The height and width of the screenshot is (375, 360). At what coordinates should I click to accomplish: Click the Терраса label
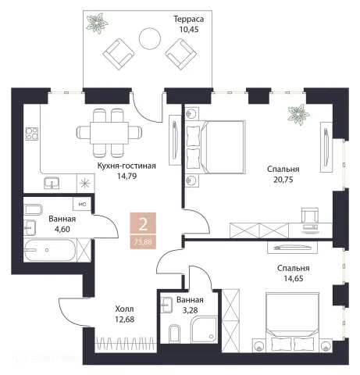tap(188, 19)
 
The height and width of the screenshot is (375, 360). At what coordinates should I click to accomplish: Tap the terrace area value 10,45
tap(189, 29)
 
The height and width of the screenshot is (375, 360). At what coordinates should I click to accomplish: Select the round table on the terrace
tap(150, 38)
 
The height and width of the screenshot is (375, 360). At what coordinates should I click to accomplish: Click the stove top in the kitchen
tap(32, 134)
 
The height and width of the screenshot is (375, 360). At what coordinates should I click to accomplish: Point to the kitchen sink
tap(52, 182)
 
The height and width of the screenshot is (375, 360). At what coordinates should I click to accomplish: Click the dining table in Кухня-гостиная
tap(109, 133)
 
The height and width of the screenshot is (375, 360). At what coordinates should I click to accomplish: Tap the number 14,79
tap(127, 176)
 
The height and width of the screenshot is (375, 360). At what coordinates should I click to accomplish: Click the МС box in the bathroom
tap(82, 204)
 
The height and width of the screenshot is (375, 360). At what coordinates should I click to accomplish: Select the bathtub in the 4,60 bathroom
tap(50, 250)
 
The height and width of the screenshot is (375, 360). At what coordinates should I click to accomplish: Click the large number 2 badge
tap(143, 224)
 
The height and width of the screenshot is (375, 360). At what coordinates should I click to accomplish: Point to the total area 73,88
tap(143, 242)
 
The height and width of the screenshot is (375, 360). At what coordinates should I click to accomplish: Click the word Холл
tap(124, 309)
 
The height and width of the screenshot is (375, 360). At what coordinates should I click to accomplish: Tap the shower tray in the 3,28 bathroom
tap(204, 330)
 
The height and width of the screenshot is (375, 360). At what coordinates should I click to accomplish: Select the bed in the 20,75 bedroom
tap(216, 147)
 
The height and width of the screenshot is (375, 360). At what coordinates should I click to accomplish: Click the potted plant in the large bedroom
tap(298, 114)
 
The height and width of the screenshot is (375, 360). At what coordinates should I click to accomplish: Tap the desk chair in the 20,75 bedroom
tap(310, 215)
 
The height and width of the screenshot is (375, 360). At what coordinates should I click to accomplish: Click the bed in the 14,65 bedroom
tap(292, 322)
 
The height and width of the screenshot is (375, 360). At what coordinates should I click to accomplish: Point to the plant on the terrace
tap(97, 23)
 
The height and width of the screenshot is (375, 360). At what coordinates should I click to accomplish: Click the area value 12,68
tap(125, 320)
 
